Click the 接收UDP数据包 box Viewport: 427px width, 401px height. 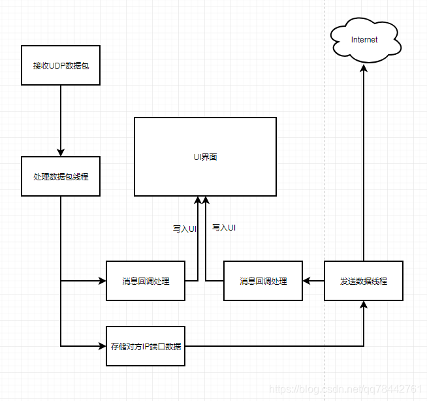pos(60,65)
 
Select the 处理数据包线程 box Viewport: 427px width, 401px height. pos(60,176)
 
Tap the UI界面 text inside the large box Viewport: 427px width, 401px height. pos(205,157)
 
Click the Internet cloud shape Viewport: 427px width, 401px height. pos(364,40)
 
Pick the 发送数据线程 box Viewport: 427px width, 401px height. pos(364,281)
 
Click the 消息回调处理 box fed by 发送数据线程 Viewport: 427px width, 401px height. pos(263,281)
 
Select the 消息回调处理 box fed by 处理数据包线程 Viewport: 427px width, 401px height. pos(145,281)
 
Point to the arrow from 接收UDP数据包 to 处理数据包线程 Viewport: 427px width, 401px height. pos(60,121)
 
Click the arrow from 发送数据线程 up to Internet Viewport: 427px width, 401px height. pos(364,163)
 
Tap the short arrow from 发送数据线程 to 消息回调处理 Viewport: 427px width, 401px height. pos(313,281)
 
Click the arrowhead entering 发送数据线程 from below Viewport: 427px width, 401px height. pos(364,305)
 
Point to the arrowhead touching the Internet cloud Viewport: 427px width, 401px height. pos(364,67)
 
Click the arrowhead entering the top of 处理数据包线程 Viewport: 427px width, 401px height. pos(60,153)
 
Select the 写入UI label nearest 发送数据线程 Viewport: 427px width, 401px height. pos(224,228)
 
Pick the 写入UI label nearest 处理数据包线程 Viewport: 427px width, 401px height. pos(185,229)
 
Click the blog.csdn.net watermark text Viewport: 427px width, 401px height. pos(346,389)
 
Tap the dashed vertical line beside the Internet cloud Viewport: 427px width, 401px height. pos(324,131)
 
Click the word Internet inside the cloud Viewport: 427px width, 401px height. pos(364,40)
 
